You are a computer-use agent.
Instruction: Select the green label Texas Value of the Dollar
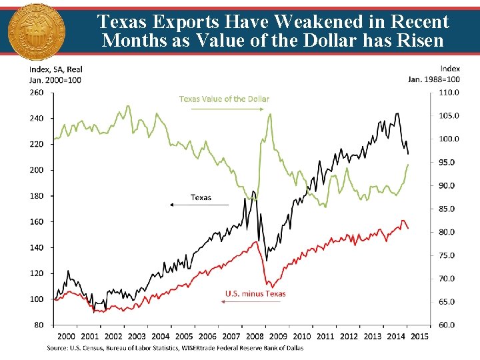[224, 99]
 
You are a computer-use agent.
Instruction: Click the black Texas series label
[201, 197]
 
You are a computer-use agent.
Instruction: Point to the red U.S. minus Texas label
[255, 293]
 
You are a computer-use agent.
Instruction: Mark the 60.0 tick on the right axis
[447, 325]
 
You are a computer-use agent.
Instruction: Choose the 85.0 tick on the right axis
[447, 209]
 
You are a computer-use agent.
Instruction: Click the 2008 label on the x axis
[254, 337]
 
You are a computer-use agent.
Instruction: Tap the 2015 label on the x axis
[419, 337]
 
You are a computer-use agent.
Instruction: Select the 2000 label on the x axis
[66, 337]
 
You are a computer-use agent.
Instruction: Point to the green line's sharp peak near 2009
[270, 114]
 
